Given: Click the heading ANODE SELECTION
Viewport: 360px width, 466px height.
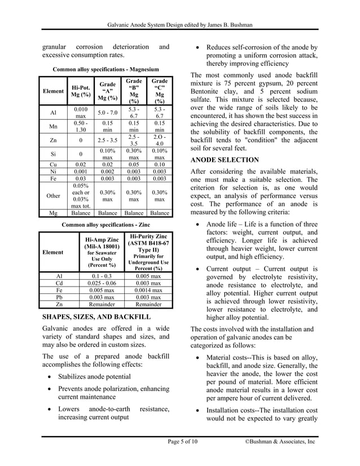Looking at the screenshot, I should [225, 160].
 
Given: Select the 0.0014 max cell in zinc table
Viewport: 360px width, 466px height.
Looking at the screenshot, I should [148, 290].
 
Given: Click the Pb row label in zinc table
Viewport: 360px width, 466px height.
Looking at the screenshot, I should [59, 297].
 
